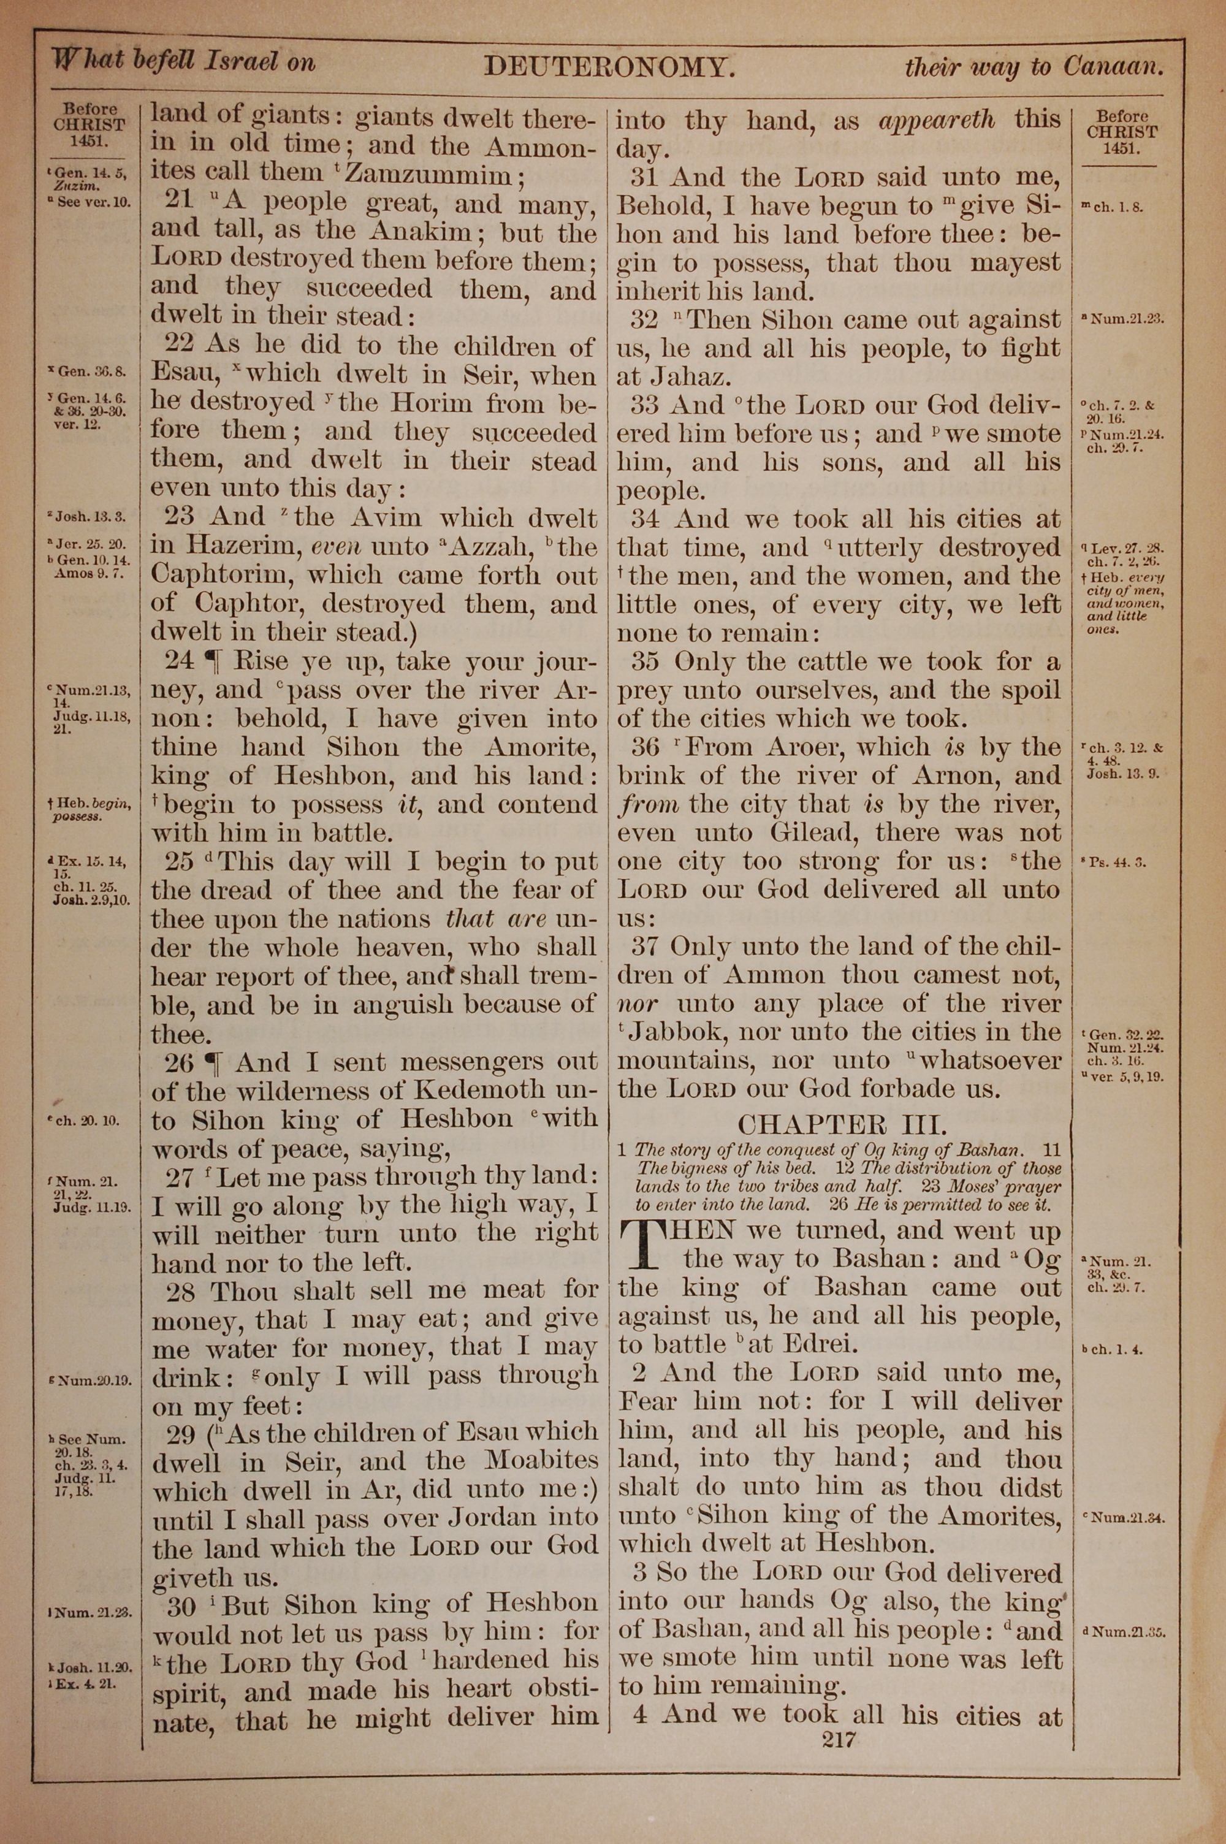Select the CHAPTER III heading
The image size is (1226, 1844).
842,1124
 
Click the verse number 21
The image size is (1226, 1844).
178,201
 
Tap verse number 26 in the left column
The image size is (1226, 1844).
178,1063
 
